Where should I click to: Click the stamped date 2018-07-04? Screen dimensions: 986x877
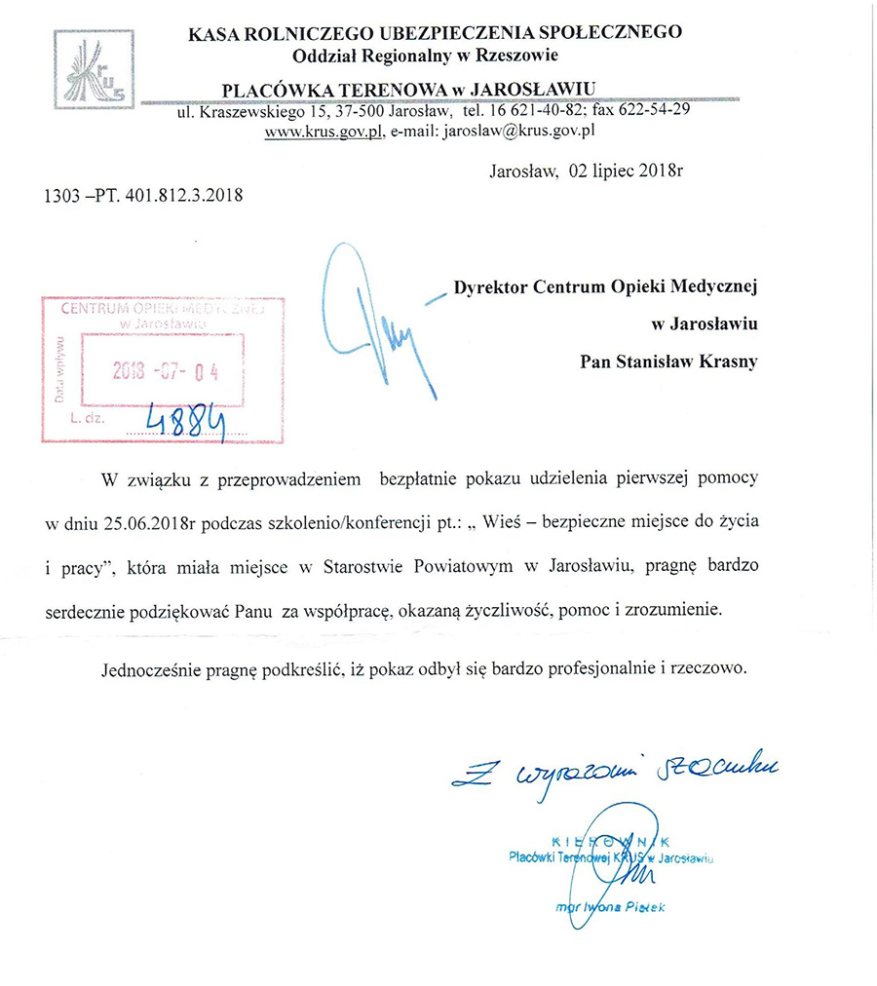click(166, 371)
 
